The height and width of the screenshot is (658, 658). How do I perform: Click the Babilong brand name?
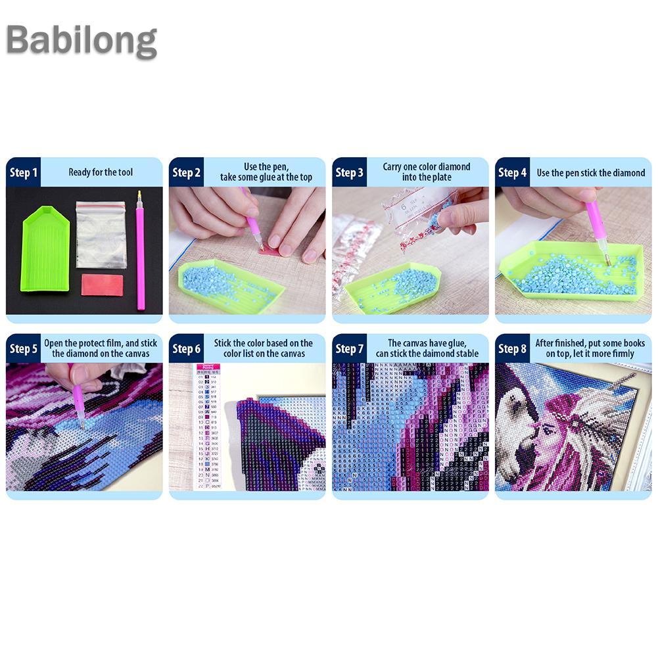[x=82, y=41]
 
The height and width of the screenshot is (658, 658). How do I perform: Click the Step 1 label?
[x=24, y=173]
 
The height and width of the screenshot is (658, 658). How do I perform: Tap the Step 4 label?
[x=513, y=173]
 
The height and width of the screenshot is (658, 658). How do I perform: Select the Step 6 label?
[x=187, y=348]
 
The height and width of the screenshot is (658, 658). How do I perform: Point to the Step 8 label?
[x=513, y=348]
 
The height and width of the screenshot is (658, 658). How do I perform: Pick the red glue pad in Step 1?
[x=102, y=286]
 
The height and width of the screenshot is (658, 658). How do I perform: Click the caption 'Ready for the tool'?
[x=101, y=173]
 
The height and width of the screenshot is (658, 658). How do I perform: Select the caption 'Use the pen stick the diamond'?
[x=591, y=173]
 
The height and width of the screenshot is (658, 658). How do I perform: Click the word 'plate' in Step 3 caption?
[x=440, y=177]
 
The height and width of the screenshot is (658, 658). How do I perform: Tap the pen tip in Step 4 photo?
[x=608, y=261]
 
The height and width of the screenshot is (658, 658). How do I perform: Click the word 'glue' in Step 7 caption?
[x=469, y=343]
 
